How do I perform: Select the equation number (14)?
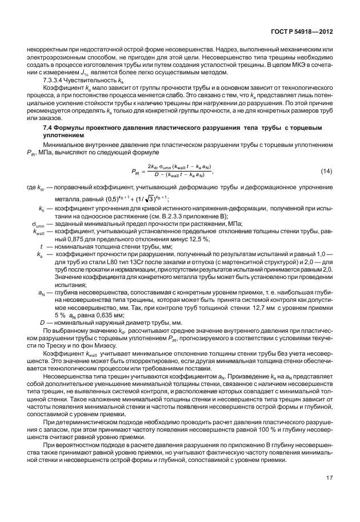coord(326,172)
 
